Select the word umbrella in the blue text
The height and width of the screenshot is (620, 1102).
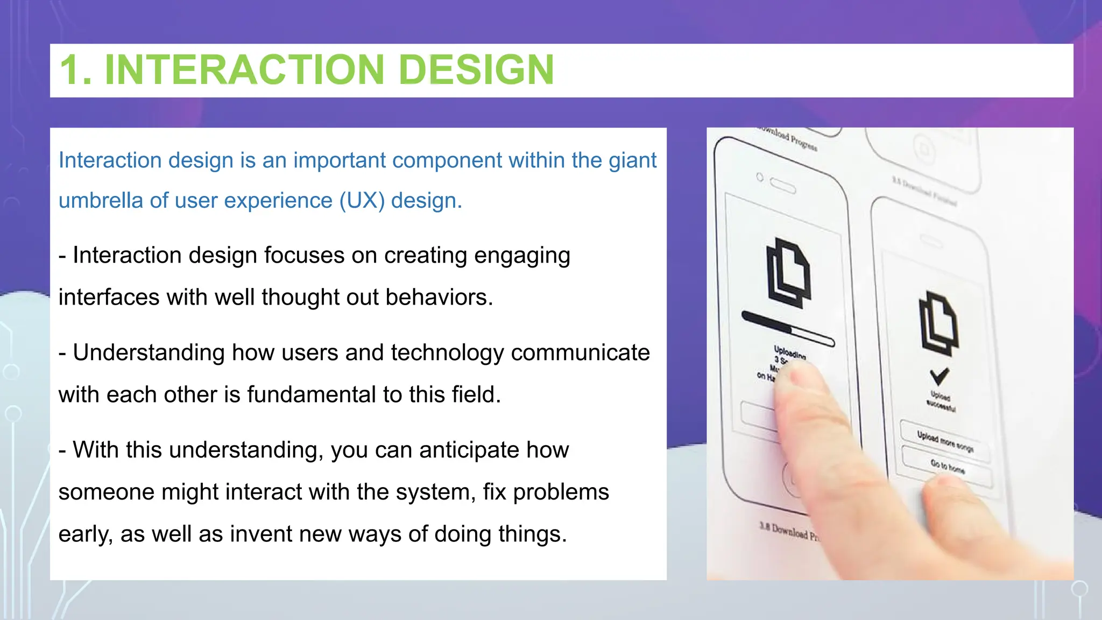[x=101, y=201]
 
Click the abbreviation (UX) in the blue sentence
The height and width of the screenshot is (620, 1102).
[x=362, y=201]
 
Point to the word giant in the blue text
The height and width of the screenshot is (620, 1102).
[x=632, y=160]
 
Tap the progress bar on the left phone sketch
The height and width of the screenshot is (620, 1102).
[x=788, y=328]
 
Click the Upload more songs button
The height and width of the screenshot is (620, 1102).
[x=945, y=441]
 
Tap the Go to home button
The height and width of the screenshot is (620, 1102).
[x=947, y=466]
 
